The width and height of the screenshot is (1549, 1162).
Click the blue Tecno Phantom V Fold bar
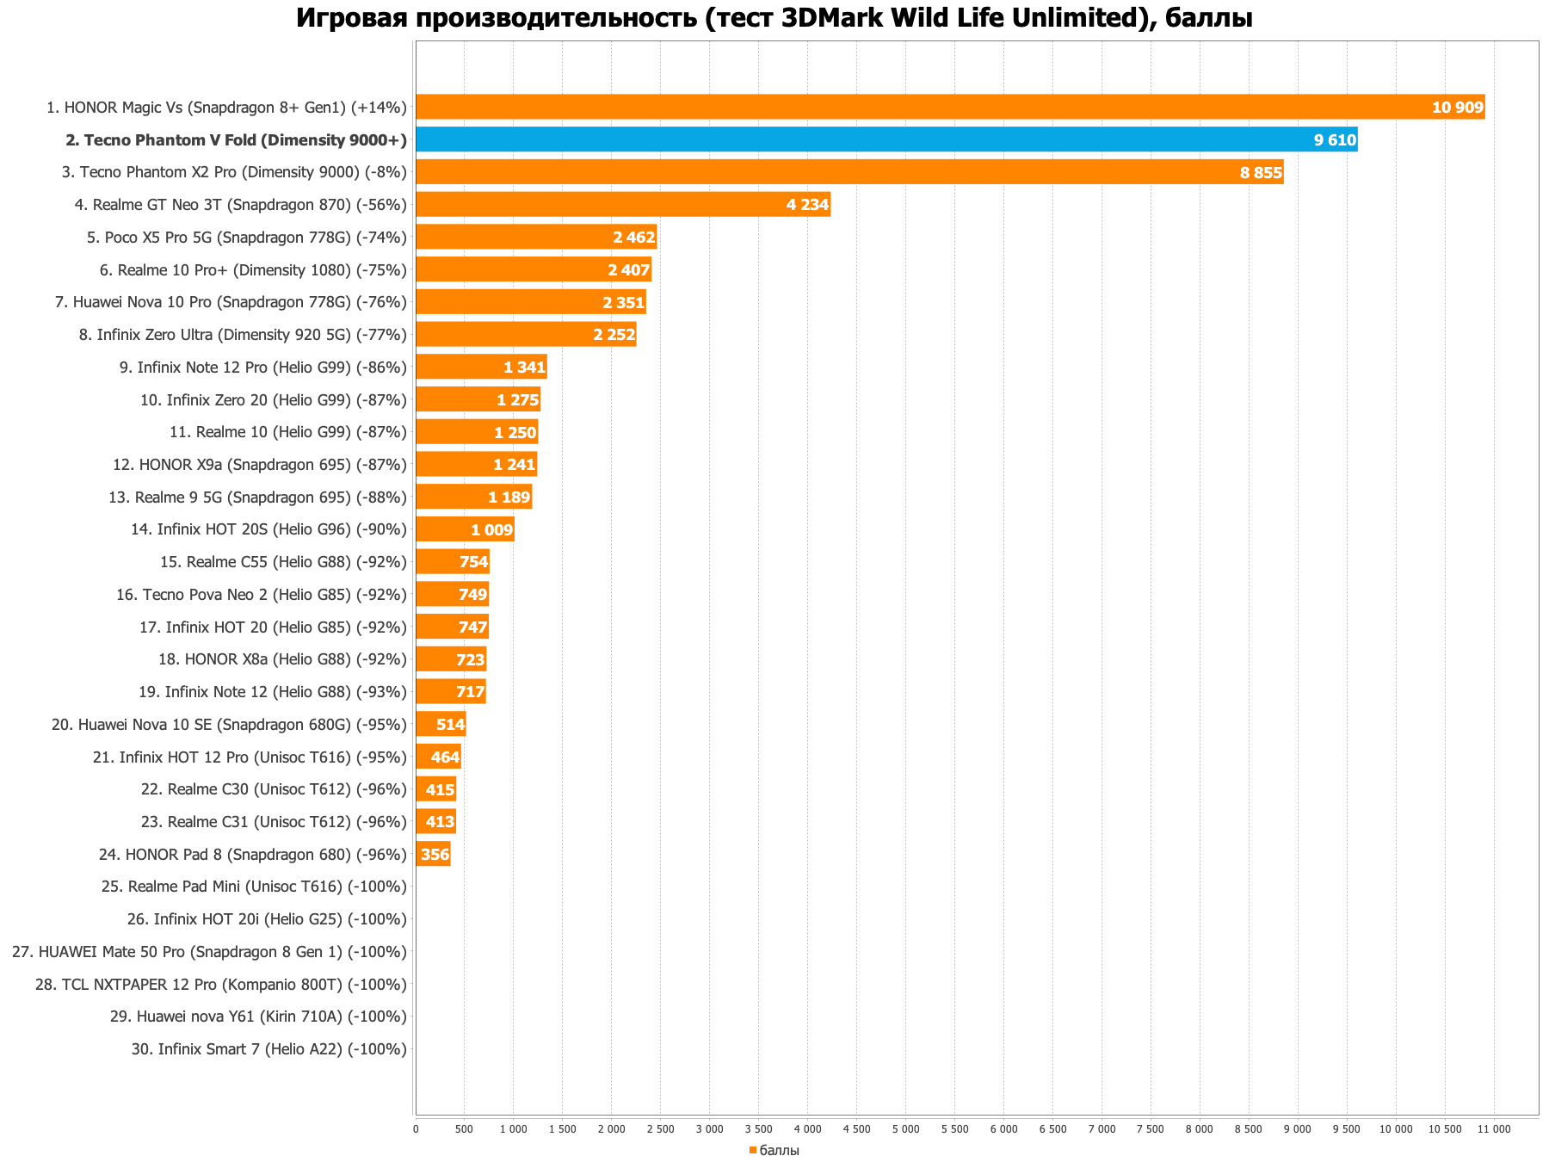tap(886, 139)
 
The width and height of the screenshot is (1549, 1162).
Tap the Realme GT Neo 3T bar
tap(622, 205)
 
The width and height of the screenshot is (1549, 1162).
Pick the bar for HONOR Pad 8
tap(433, 855)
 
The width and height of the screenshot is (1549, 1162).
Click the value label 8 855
tap(1261, 173)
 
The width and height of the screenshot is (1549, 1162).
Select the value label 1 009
tap(491, 530)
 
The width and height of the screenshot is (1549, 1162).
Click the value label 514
tap(450, 725)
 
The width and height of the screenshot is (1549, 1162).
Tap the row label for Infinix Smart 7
tap(269, 1049)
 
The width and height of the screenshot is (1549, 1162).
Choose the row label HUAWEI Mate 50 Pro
tap(209, 952)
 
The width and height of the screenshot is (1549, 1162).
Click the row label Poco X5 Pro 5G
tap(247, 238)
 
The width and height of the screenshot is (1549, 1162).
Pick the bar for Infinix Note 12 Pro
tap(481, 368)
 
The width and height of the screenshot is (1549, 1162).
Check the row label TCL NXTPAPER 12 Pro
tap(221, 985)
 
